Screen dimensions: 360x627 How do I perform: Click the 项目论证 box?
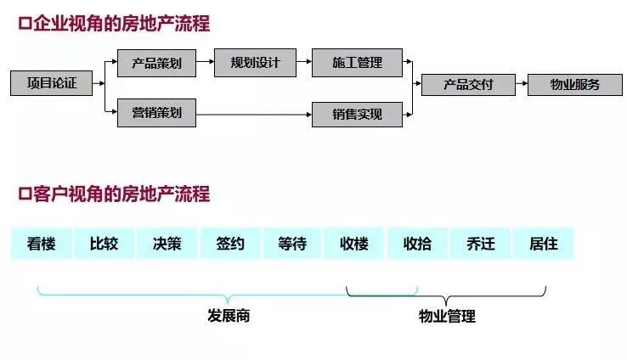tap(51, 83)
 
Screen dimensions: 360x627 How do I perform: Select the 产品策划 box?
tap(156, 63)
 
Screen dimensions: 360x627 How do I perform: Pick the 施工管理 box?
tap(357, 63)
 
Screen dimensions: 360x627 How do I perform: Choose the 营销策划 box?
tap(156, 112)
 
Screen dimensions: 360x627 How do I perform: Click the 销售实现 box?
tap(357, 114)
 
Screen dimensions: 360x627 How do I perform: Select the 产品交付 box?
tap(468, 84)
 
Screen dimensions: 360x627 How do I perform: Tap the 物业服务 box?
tap(575, 84)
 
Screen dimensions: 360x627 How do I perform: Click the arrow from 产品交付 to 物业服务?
tap(521, 84)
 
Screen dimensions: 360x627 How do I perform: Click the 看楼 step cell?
tap(41, 244)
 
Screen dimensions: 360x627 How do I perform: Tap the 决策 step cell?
tap(167, 244)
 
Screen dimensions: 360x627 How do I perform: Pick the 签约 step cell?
tap(229, 244)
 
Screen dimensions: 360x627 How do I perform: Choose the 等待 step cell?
tap(292, 244)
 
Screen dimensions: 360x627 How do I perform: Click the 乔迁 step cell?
tap(481, 244)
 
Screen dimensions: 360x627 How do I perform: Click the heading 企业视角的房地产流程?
tap(119, 25)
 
